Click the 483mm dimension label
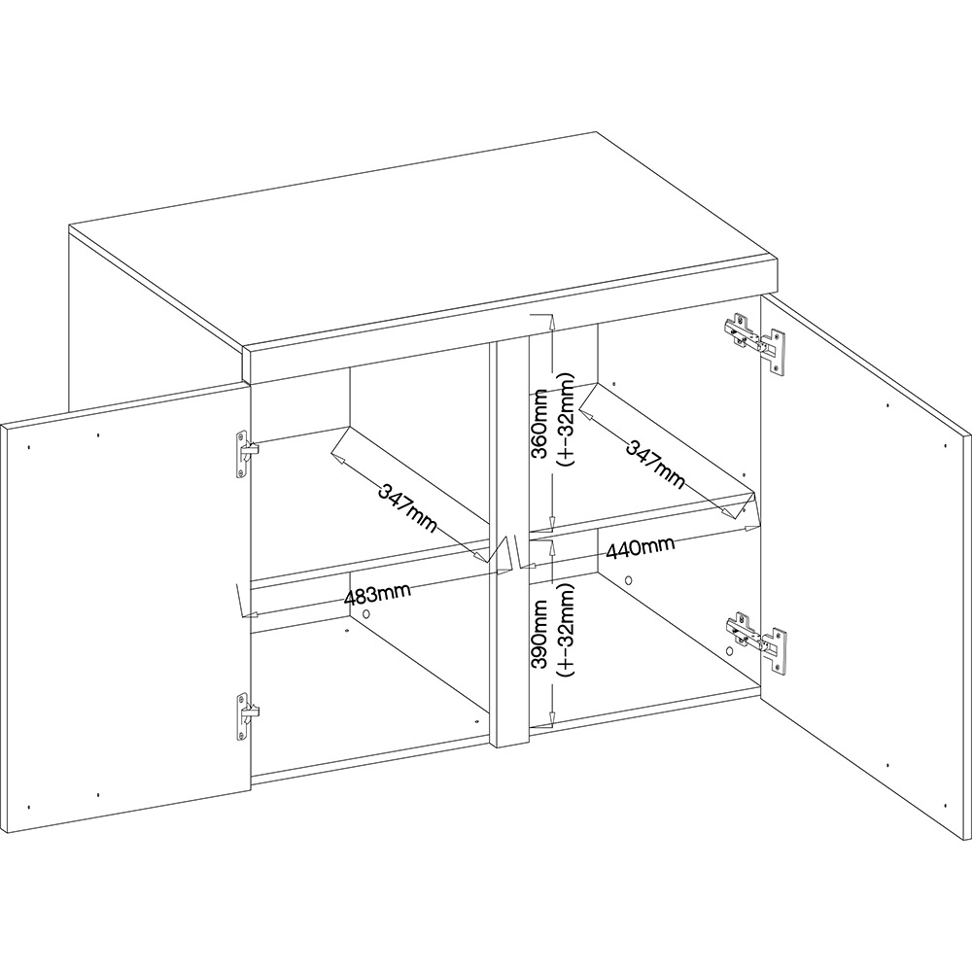[377, 596]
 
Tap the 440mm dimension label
[641, 548]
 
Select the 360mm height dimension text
[539, 423]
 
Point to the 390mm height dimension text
[539, 634]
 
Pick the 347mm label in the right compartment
[655, 465]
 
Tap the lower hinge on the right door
[756, 642]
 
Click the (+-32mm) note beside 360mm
[567, 419]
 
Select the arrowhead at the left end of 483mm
[250, 615]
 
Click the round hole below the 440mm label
[628, 581]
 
